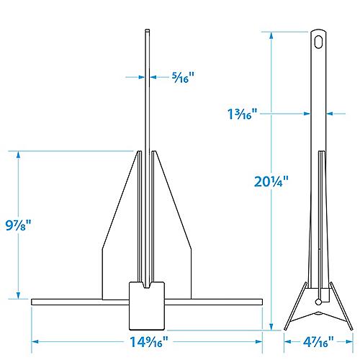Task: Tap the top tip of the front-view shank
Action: click(146, 32)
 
